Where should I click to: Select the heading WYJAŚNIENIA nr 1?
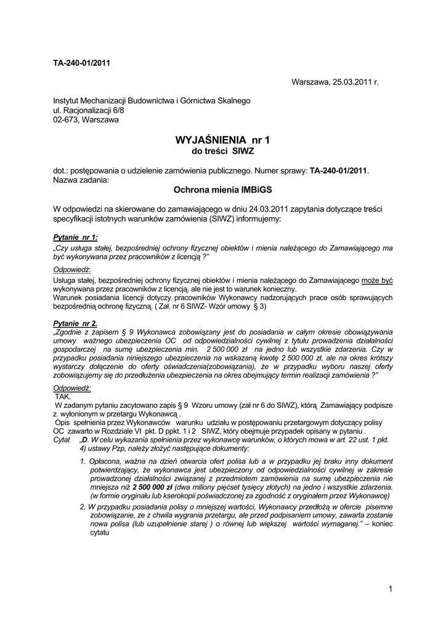[x=222, y=140]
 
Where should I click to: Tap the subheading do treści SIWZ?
[x=223, y=151]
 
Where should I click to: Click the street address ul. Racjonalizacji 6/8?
[x=89, y=110]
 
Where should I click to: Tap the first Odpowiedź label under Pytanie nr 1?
[x=72, y=269]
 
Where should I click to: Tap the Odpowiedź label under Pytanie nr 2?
[x=72, y=388]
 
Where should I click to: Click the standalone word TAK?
[x=63, y=397]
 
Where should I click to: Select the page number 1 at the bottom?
[x=391, y=589]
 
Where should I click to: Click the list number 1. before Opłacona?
[x=83, y=461]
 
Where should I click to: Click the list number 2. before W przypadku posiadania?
[x=83, y=506]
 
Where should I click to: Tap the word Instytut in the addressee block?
[x=68, y=100]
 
